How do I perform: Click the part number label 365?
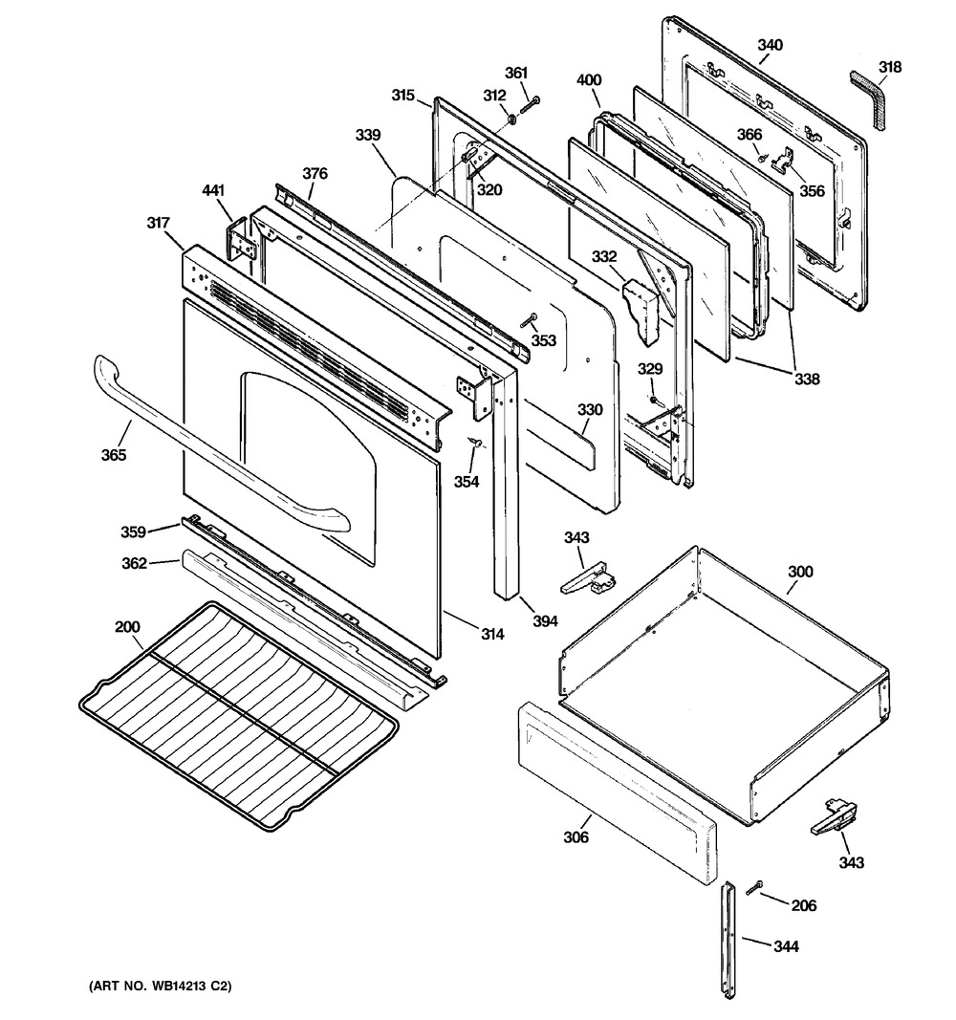tap(114, 455)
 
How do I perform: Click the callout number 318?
tap(890, 67)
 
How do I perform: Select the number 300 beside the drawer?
tap(800, 572)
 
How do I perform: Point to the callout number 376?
tap(315, 173)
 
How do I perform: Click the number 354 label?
tap(467, 482)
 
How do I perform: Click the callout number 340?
tap(770, 45)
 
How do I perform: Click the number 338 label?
tap(807, 380)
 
